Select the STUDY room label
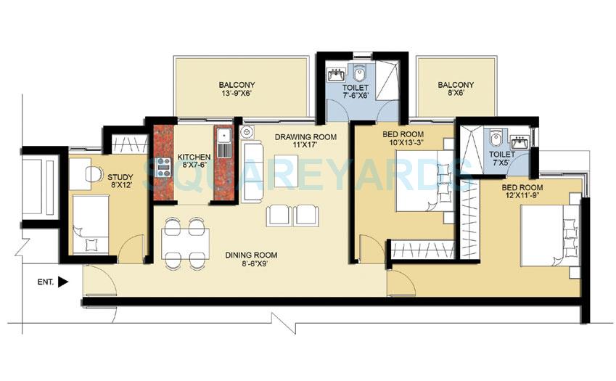coord(120,176)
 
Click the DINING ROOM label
coord(251,255)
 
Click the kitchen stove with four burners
coord(163,163)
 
